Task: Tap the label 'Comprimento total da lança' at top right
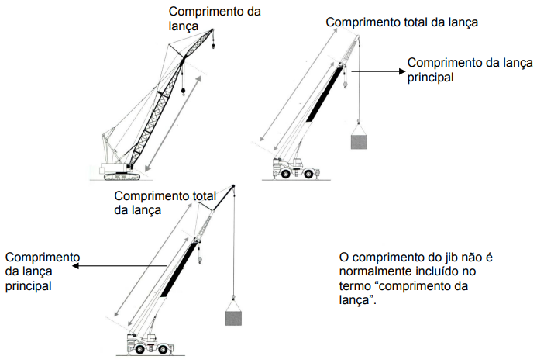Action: click(x=401, y=22)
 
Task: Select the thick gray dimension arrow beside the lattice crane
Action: click(x=174, y=120)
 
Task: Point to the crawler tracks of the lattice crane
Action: click(x=116, y=175)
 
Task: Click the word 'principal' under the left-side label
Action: click(x=27, y=285)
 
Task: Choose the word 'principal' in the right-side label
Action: click(x=430, y=77)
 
